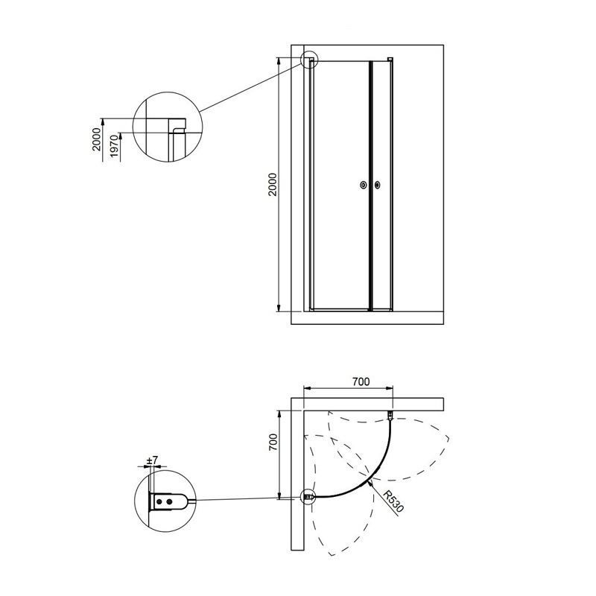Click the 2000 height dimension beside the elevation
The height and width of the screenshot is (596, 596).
point(273,184)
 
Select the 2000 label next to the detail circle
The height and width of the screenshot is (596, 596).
point(98,139)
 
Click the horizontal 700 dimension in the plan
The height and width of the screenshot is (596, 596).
point(361,381)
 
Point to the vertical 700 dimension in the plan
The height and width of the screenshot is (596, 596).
point(273,442)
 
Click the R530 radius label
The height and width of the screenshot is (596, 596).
point(393,501)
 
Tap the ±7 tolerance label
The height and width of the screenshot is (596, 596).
point(152,460)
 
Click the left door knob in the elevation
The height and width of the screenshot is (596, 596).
point(364,185)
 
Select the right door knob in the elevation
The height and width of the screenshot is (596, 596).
point(377,185)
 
